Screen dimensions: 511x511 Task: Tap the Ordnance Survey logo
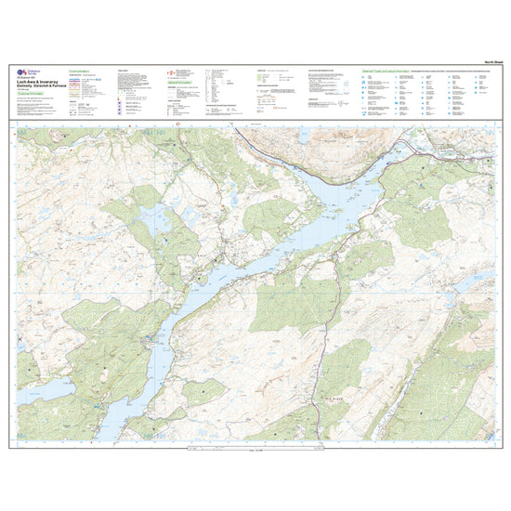[x=23, y=77]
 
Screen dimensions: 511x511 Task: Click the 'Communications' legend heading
[x=82, y=70]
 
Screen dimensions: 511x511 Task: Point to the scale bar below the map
[x=255, y=451]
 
